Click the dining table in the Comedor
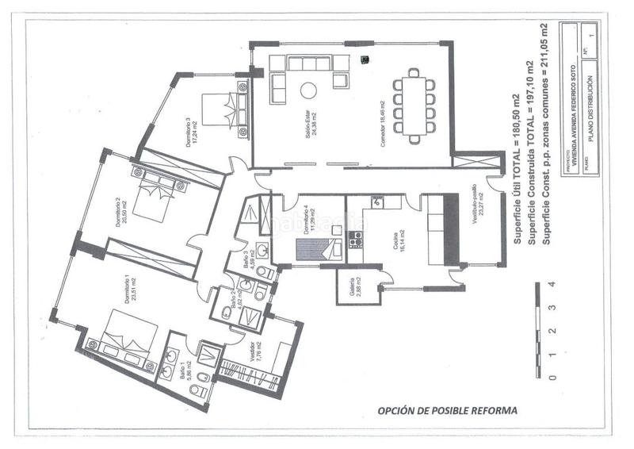point(414,106)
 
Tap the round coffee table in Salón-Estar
point(307,90)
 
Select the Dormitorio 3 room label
point(190,132)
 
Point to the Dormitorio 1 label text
point(127,290)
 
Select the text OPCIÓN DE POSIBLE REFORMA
point(447,411)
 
